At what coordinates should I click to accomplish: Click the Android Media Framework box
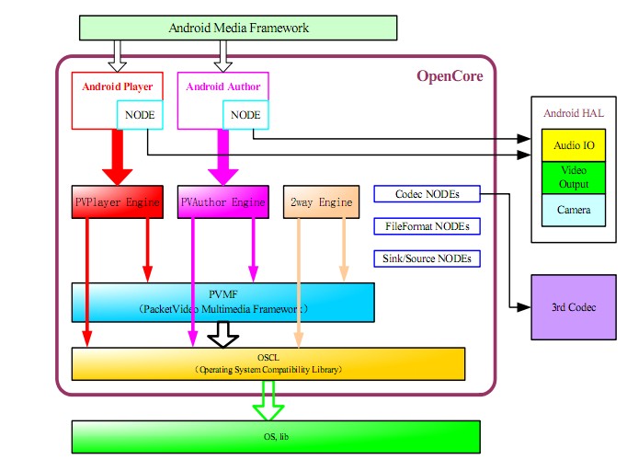click(x=238, y=28)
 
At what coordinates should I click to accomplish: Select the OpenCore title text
click(x=450, y=76)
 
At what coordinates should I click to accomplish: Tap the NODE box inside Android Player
click(x=140, y=115)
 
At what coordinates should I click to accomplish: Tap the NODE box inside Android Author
click(x=245, y=115)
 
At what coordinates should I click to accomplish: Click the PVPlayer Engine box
click(x=118, y=201)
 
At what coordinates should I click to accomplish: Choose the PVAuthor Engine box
click(x=222, y=201)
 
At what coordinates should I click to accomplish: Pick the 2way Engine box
click(x=321, y=201)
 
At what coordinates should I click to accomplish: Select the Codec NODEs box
click(x=427, y=194)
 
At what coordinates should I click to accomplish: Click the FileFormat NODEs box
click(x=427, y=225)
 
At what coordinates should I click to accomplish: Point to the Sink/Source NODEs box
click(x=427, y=258)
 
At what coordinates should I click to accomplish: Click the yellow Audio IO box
click(x=573, y=145)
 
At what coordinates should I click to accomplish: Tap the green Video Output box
click(x=573, y=178)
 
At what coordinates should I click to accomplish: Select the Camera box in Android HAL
click(x=573, y=210)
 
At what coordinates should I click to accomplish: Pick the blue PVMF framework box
click(x=222, y=303)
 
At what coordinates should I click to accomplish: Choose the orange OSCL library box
click(x=268, y=363)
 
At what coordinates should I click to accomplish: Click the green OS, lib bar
click(x=276, y=435)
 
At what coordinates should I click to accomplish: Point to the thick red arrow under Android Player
click(x=118, y=156)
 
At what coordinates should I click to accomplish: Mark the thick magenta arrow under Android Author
click(x=222, y=156)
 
